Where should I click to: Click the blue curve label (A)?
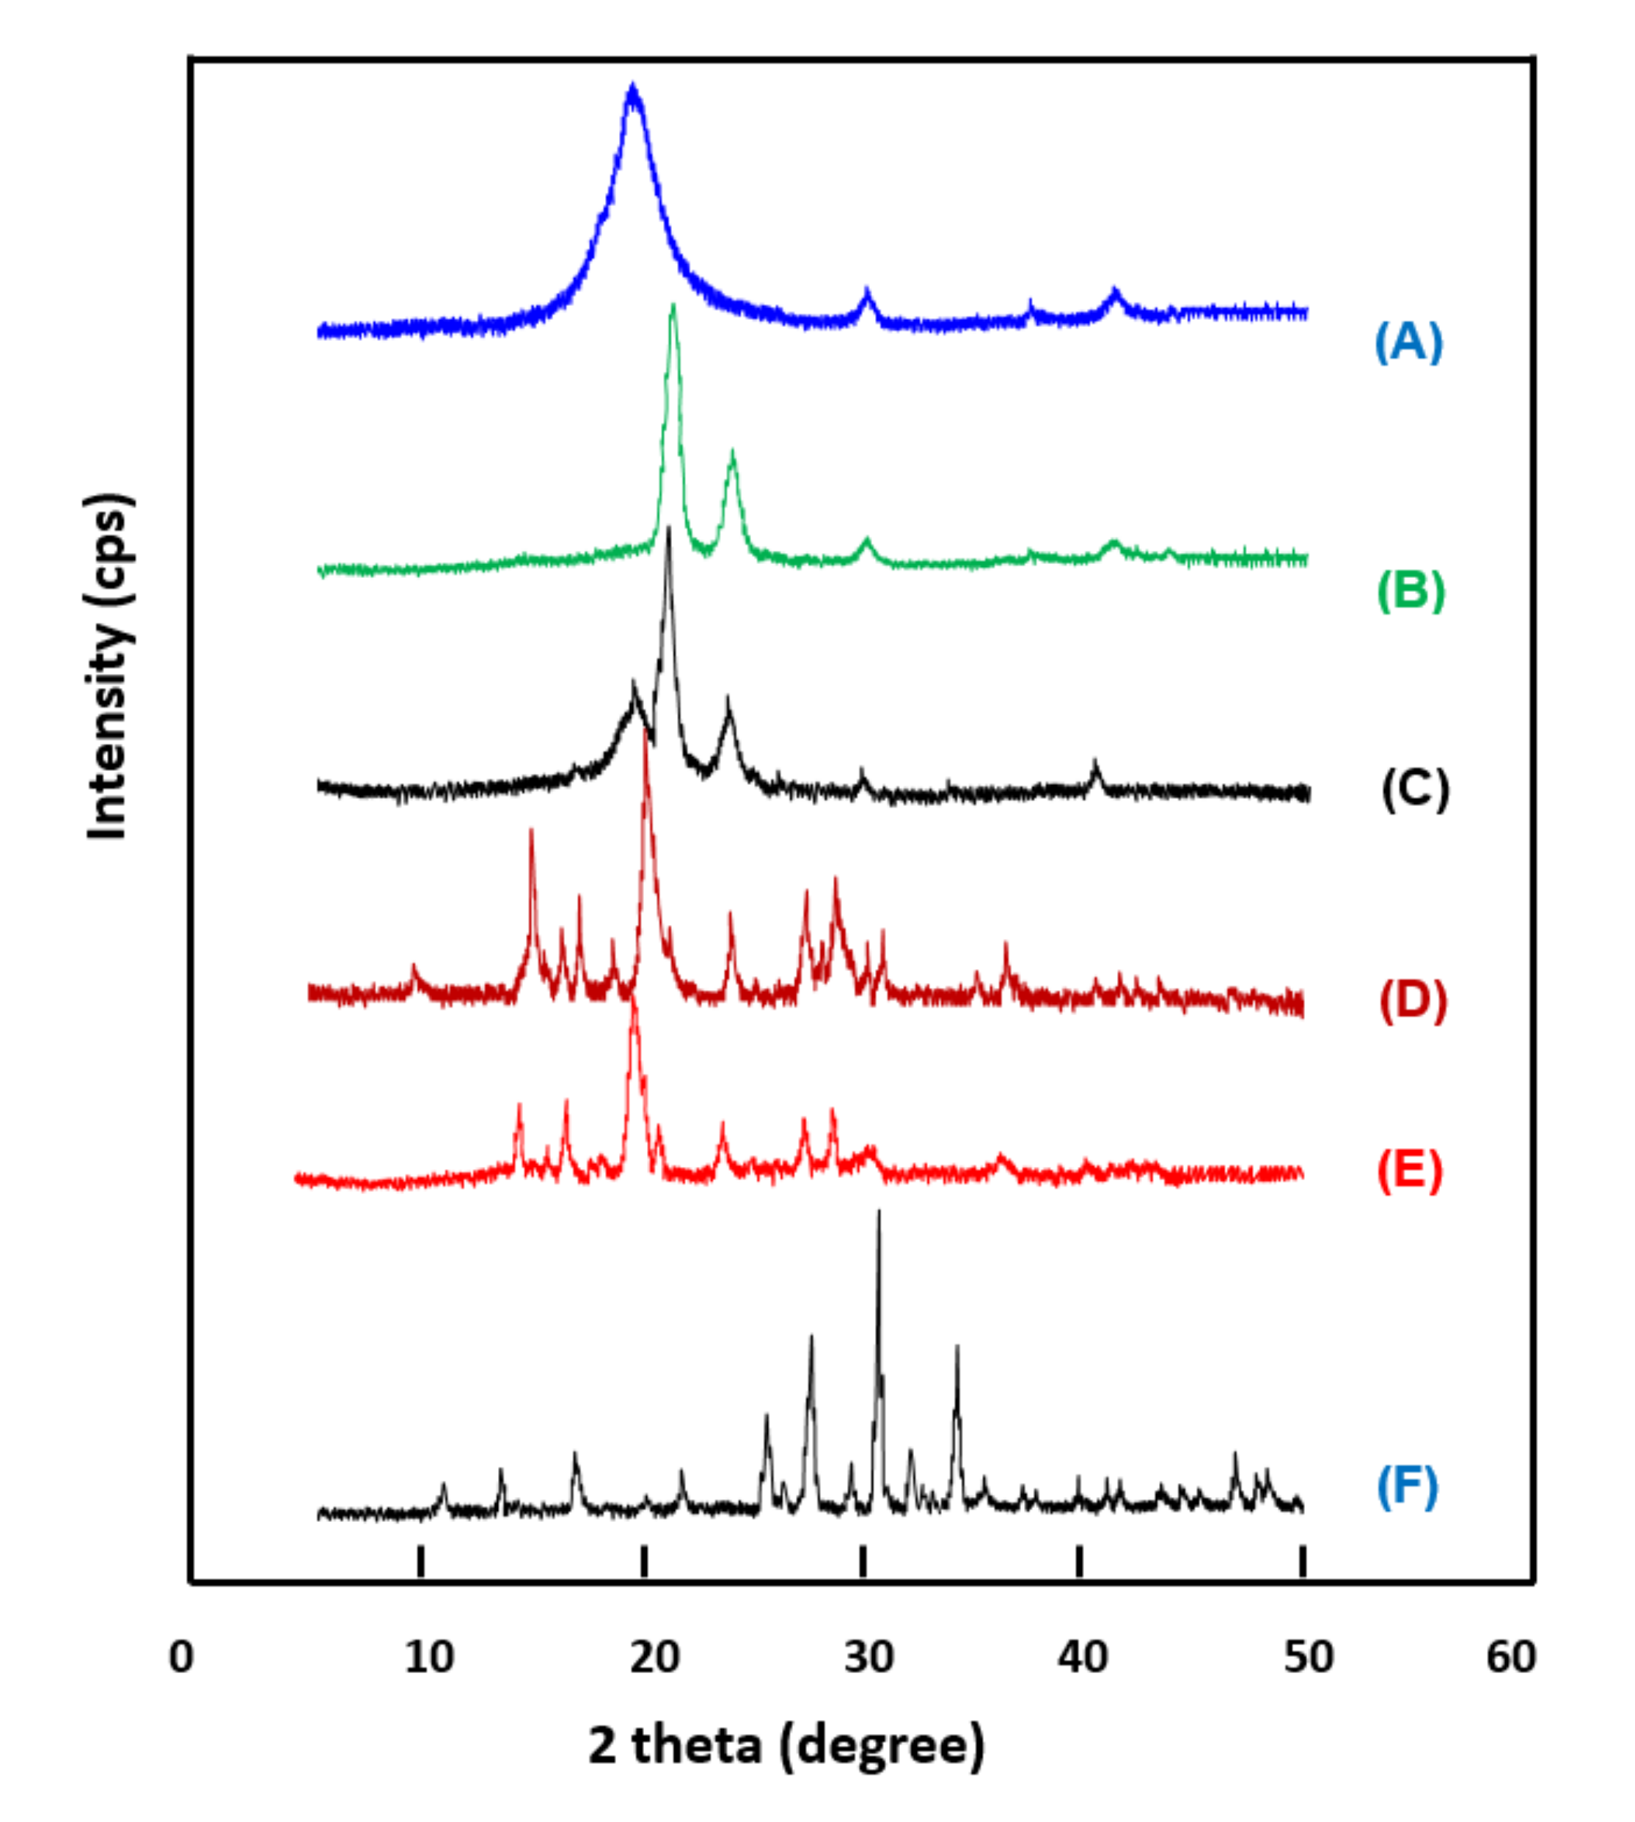1408,343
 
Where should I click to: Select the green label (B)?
1411,590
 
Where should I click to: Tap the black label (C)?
1415,789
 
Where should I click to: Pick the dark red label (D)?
1413,1000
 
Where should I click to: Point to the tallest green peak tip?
673,307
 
